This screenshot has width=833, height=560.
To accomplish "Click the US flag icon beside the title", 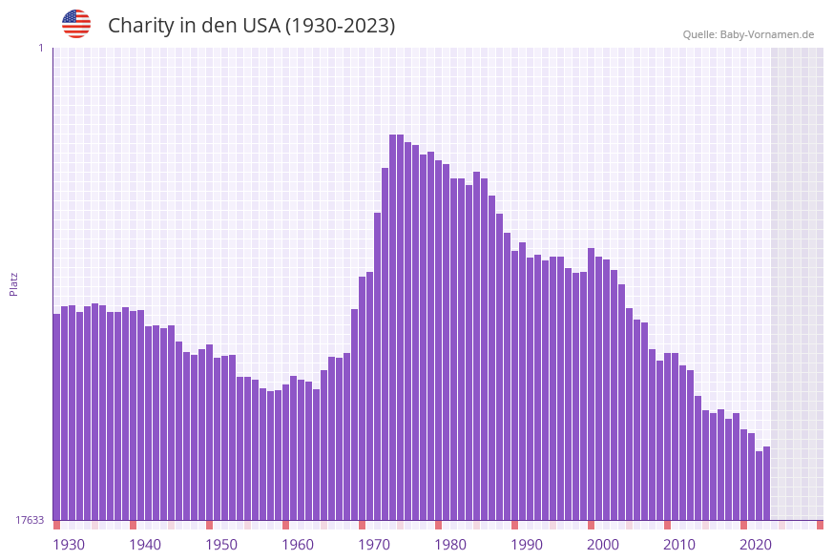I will coord(76,24).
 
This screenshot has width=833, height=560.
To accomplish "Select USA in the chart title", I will coord(261,26).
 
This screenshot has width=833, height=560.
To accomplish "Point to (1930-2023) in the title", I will coord(340,26).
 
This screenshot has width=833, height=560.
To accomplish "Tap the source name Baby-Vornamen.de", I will coord(766,34).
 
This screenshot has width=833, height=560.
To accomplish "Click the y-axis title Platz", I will coord(13,283).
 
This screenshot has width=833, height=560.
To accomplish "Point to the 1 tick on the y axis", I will coord(40,48).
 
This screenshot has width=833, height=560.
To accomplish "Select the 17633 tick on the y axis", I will coord(30,520).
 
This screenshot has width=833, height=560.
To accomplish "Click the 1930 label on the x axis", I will coord(69,545).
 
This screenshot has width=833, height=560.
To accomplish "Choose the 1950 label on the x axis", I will coord(221,545).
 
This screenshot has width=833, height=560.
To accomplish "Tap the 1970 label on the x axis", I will coord(374,545).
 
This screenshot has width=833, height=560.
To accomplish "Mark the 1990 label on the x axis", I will coord(527,545).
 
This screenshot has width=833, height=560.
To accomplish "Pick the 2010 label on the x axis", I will coord(679,545).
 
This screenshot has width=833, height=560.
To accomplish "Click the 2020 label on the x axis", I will coord(756,545).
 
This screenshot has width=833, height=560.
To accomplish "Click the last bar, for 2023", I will coord(766,483).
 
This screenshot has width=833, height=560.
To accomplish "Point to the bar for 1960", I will coord(285,452).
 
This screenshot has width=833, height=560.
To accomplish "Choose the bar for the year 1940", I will coord(133,415).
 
